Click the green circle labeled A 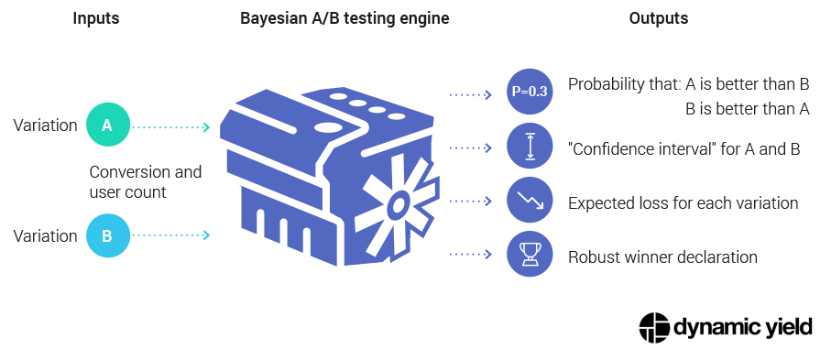[x=107, y=125]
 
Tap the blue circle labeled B [x=107, y=235]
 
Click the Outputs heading [x=658, y=18]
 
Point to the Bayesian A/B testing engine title [x=344, y=18]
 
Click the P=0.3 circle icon [x=529, y=93]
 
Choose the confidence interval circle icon [x=529, y=147]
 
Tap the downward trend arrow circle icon [x=529, y=201]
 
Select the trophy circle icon [x=529, y=256]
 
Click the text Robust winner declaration [x=662, y=257]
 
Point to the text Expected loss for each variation [x=683, y=202]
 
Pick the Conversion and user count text [x=145, y=180]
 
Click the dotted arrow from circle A [x=172, y=126]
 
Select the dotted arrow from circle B [x=172, y=236]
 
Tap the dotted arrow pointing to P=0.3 [x=472, y=93]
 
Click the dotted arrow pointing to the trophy [x=472, y=256]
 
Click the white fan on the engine [x=397, y=204]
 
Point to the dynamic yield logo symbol [x=654, y=327]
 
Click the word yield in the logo [x=782, y=328]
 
